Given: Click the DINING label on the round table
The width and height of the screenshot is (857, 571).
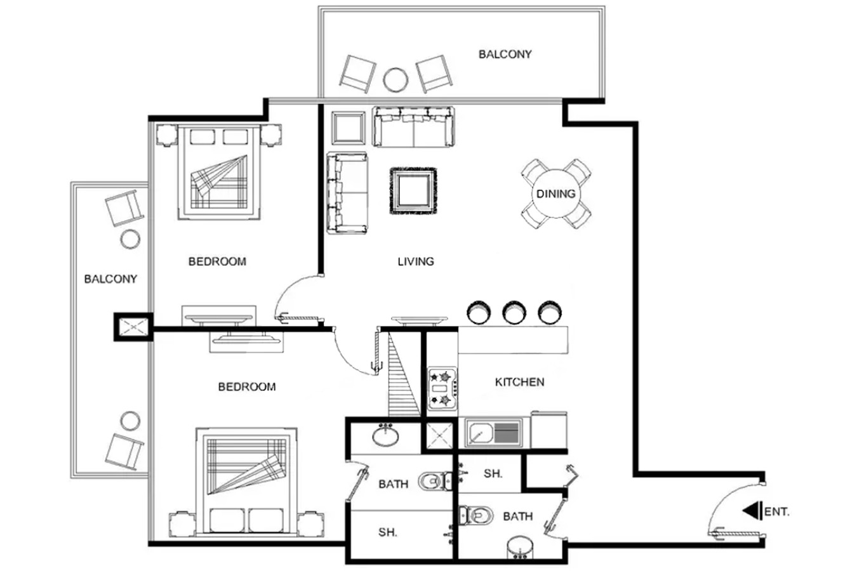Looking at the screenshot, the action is coord(555,194).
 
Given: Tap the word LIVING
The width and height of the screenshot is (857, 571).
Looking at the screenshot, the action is coord(416,261).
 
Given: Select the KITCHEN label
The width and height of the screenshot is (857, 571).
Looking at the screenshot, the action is coord(519,382).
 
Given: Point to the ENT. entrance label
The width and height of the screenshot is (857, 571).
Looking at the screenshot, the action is coord(776,512).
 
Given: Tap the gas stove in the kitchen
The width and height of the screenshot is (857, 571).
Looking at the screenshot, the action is coord(442,388).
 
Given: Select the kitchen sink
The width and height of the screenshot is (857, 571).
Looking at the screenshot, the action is coord(493,433).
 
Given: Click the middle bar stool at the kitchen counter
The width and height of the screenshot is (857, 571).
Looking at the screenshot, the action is coord(514,312).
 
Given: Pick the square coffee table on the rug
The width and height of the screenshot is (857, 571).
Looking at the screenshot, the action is coord(413,191).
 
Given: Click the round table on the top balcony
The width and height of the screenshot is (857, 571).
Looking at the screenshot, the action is coord(395,79).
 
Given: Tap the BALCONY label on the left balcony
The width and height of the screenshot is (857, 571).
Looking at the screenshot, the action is coord(110,279).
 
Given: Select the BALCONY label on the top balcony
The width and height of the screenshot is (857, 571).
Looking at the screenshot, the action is coord(505,55).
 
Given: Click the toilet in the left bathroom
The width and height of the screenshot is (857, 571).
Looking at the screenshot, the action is coord(435,481).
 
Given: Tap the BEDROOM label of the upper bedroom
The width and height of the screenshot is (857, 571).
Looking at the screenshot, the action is coord(217,261).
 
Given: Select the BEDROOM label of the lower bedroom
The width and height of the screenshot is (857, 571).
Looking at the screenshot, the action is coord(247,387).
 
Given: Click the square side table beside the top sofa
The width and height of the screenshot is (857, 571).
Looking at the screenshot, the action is coord(348,128).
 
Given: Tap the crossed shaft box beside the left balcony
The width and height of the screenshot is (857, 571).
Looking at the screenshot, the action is coord(133,327).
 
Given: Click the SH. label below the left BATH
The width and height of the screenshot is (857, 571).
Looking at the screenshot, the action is coord(388,532).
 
